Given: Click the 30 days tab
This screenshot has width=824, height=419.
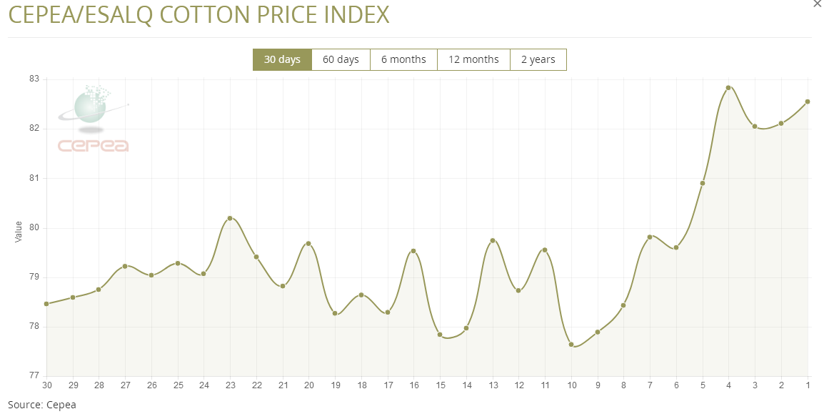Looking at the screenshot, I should pos(282,59).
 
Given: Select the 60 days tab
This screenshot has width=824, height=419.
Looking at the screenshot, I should pos(341,59).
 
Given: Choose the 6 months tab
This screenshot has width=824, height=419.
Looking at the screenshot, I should pos(403,59).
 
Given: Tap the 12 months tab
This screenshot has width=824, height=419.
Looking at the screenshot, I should pos(473,59).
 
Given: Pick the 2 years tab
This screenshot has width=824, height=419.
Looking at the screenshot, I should pos(538,59).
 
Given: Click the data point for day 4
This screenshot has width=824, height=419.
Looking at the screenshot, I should pos(728,88).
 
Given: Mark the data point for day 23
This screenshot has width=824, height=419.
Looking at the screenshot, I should pos(230,218).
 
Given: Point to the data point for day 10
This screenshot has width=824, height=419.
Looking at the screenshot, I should pos(571,344).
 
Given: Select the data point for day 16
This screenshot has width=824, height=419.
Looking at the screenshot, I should pos(413,251).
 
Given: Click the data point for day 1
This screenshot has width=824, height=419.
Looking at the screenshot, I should pos(808,102).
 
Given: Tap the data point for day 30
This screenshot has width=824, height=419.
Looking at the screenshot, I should pos(46,304).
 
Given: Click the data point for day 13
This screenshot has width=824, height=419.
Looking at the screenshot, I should pos(493,240).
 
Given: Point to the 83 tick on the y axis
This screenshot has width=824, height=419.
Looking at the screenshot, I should pos(34,79).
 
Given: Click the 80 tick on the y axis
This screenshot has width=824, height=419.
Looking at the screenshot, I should pos(34,228).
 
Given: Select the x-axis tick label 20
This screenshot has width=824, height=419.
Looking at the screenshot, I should pos(308,385).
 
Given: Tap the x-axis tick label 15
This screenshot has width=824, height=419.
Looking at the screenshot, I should pos(440,385).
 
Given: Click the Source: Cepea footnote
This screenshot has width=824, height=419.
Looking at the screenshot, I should pos(41,405).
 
